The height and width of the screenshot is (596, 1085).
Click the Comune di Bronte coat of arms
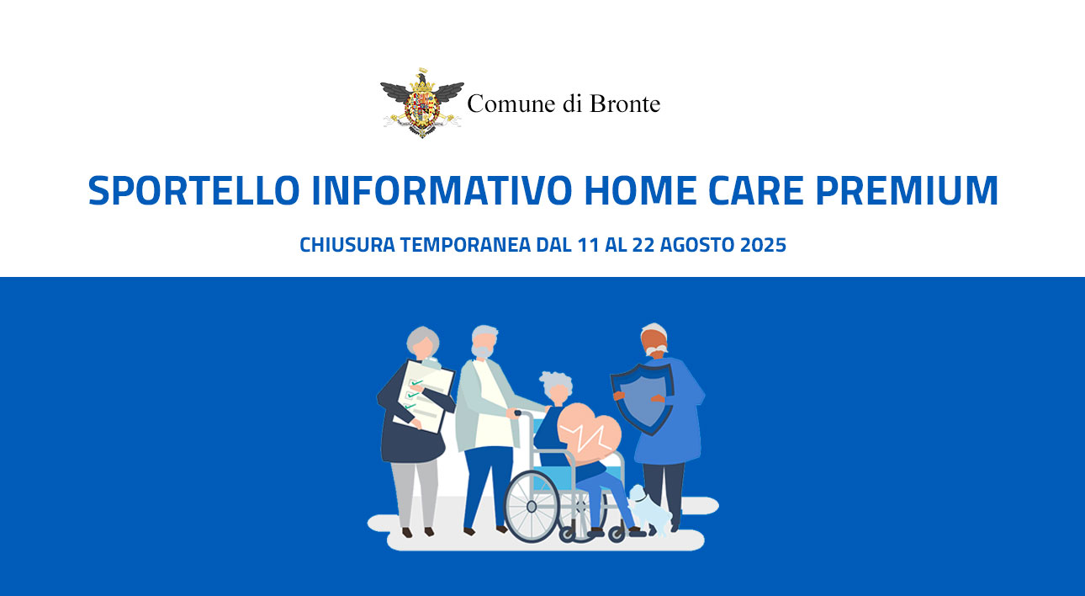pos(422,103)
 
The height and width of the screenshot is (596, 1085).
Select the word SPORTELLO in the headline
pos(193,190)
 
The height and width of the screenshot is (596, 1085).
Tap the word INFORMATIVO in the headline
pos(442,190)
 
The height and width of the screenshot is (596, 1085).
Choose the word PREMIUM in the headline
pos(907,190)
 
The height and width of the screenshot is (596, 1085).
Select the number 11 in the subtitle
pos(589,245)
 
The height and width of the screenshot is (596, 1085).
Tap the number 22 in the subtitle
pos(643,245)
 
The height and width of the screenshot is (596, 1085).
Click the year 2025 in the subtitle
pos(763,245)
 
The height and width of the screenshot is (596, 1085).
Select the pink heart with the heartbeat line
pos(589,433)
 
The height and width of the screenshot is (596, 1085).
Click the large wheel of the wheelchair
pos(532,506)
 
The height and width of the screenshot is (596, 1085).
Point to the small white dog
pos(650,510)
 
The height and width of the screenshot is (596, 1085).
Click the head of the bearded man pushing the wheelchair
pos(484,342)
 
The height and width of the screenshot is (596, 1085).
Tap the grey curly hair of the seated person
pos(556,383)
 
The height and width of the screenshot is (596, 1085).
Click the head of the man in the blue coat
pos(654,340)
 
